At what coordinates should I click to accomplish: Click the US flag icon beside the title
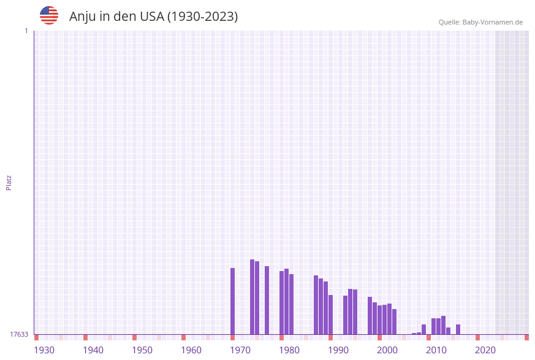click(x=49, y=15)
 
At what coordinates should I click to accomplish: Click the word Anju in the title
click(x=82, y=17)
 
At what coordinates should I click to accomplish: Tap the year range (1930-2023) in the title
click(x=202, y=17)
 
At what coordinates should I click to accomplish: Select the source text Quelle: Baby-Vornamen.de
click(x=480, y=22)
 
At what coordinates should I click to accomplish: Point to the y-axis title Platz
click(x=9, y=183)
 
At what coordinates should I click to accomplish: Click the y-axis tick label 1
click(x=26, y=31)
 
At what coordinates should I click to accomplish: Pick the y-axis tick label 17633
click(x=19, y=334)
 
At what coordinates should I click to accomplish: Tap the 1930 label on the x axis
click(x=44, y=350)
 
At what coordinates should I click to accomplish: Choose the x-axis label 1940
click(x=93, y=350)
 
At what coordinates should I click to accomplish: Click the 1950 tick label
click(x=142, y=350)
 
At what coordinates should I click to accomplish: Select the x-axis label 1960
click(x=191, y=350)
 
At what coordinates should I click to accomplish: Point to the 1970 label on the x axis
click(x=240, y=350)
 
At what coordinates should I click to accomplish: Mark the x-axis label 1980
click(x=289, y=350)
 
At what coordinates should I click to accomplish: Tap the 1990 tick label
click(x=338, y=350)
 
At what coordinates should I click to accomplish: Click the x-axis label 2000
click(x=387, y=350)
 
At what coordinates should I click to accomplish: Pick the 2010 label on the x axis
click(x=436, y=350)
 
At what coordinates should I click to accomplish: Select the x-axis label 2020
click(x=485, y=350)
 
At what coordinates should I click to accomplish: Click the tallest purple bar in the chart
click(x=252, y=297)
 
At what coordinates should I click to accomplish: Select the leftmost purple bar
click(x=233, y=301)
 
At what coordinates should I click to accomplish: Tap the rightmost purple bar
click(x=458, y=329)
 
